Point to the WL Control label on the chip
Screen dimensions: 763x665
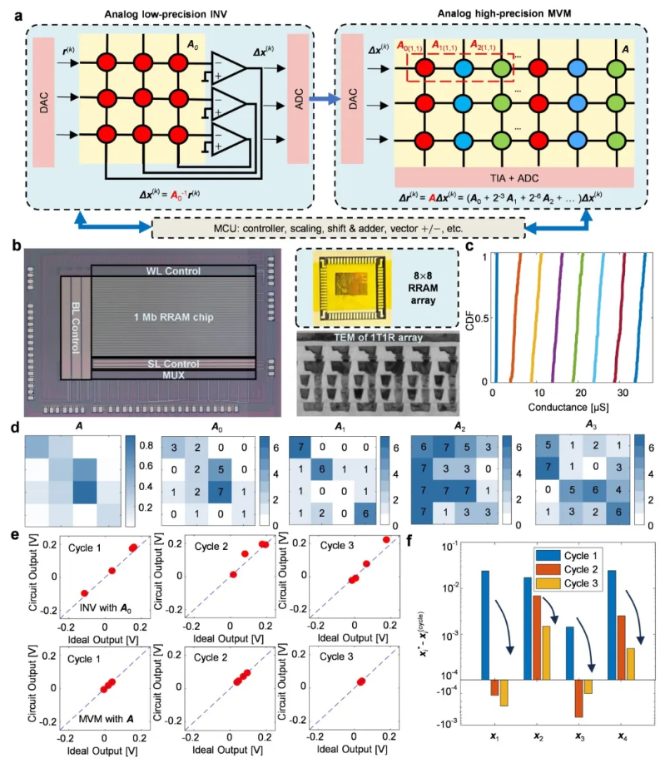tap(172, 271)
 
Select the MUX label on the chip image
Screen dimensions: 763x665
tap(172, 376)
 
